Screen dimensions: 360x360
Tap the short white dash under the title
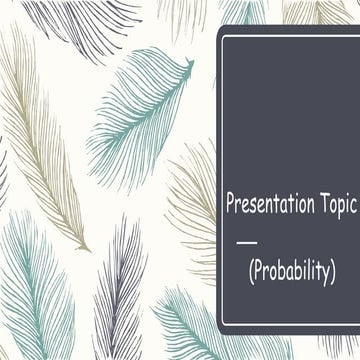click(244, 241)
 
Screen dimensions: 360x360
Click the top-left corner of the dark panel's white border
click(224, 36)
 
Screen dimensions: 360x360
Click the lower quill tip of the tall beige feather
click(88, 249)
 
